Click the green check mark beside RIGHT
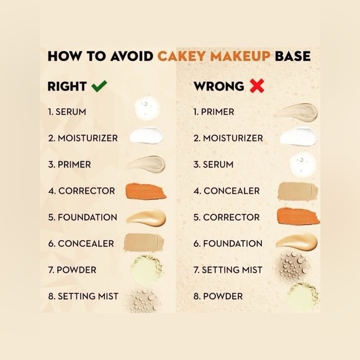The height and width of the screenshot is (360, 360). pyautogui.click(x=99, y=86)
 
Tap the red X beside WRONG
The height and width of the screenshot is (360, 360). pyautogui.click(x=257, y=86)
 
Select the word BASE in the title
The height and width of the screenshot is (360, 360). pyautogui.click(x=293, y=56)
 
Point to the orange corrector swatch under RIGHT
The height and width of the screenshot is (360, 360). pyautogui.click(x=146, y=191)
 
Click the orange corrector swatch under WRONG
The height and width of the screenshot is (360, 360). pyautogui.click(x=298, y=216)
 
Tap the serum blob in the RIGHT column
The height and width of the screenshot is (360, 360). pyautogui.click(x=146, y=108)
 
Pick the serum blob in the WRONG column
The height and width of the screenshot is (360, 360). pyautogui.click(x=303, y=163)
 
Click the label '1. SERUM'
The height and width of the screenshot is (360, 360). pyautogui.click(x=67, y=112)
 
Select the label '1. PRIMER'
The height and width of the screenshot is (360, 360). pyautogui.click(x=214, y=112)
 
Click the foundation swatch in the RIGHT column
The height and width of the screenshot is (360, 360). pyautogui.click(x=146, y=217)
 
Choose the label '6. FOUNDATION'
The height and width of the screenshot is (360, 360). pyautogui.click(x=228, y=243)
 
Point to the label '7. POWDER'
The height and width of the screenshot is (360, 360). pyautogui.click(x=73, y=270)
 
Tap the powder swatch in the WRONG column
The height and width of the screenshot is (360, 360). pyautogui.click(x=302, y=296)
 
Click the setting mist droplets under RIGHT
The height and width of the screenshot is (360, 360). pyautogui.click(x=143, y=300)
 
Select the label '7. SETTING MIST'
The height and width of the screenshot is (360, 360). pyautogui.click(x=228, y=270)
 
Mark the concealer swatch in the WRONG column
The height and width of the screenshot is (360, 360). pyautogui.click(x=297, y=191)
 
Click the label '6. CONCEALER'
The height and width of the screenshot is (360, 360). pyautogui.click(x=81, y=243)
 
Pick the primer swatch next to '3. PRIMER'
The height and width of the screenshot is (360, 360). pyautogui.click(x=146, y=164)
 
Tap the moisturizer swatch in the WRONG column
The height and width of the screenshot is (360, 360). pyautogui.click(x=299, y=137)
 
